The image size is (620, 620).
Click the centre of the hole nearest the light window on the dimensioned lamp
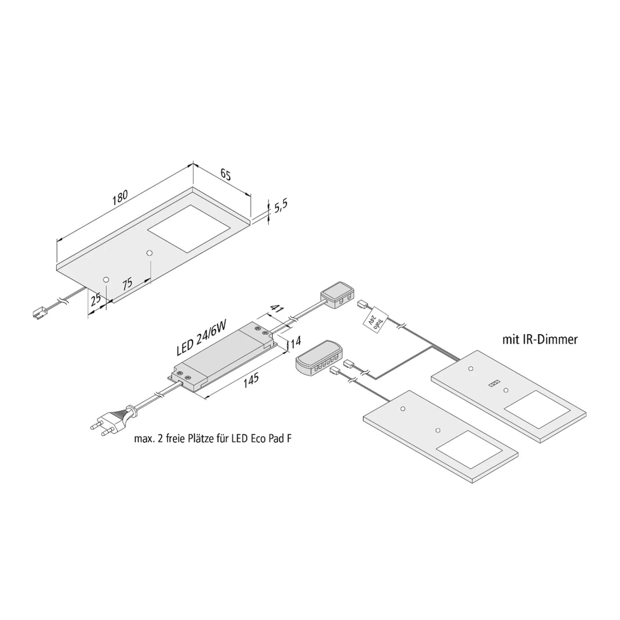150,252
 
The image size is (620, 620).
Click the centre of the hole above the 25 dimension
106,280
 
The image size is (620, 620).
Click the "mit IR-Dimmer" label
540,340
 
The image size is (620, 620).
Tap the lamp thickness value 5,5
280,207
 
